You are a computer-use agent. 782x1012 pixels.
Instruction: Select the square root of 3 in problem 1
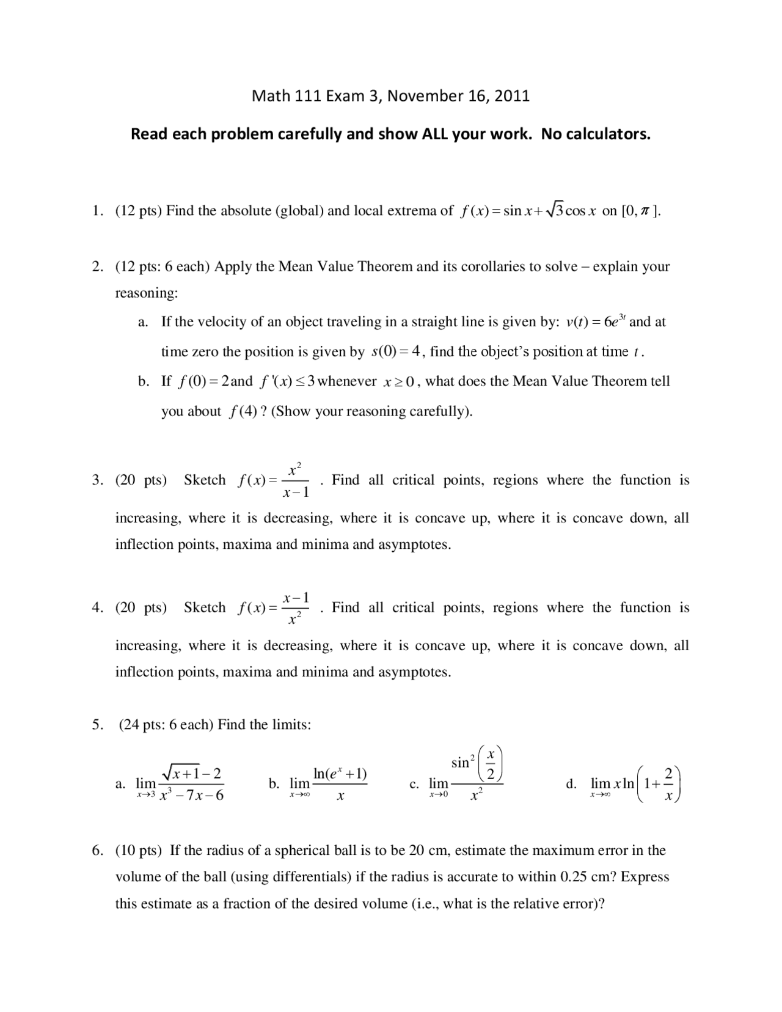point(554,211)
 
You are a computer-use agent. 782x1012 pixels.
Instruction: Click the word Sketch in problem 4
point(205,607)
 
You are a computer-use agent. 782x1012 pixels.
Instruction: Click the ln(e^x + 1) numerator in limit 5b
point(340,774)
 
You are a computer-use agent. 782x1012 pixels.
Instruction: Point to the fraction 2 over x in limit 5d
point(668,784)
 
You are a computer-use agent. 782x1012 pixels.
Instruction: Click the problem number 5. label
point(98,725)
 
